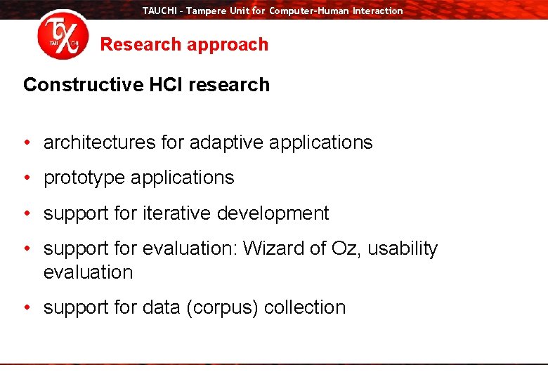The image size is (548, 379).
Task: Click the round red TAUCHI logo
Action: click(x=63, y=34)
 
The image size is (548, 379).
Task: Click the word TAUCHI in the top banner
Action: click(x=159, y=11)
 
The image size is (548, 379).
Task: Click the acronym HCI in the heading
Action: click(x=166, y=84)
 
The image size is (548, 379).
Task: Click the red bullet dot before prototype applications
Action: click(x=27, y=178)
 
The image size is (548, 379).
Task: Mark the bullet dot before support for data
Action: click(x=27, y=308)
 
